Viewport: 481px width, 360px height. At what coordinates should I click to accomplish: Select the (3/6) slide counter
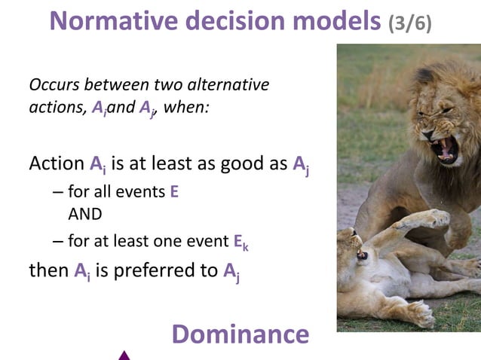409,23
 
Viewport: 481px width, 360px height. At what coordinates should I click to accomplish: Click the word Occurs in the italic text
56,84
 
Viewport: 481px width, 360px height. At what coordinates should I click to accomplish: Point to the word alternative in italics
229,84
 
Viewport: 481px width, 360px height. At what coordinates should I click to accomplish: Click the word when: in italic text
186,107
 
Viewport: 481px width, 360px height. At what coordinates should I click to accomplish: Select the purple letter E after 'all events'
174,192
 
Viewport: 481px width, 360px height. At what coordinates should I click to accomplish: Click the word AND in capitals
84,214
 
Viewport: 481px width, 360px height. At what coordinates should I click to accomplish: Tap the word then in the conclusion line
48,270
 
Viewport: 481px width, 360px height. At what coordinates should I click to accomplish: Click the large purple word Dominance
240,334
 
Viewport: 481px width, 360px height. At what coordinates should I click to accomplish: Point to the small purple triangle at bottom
124,355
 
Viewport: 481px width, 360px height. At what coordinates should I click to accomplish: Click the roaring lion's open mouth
446,148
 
